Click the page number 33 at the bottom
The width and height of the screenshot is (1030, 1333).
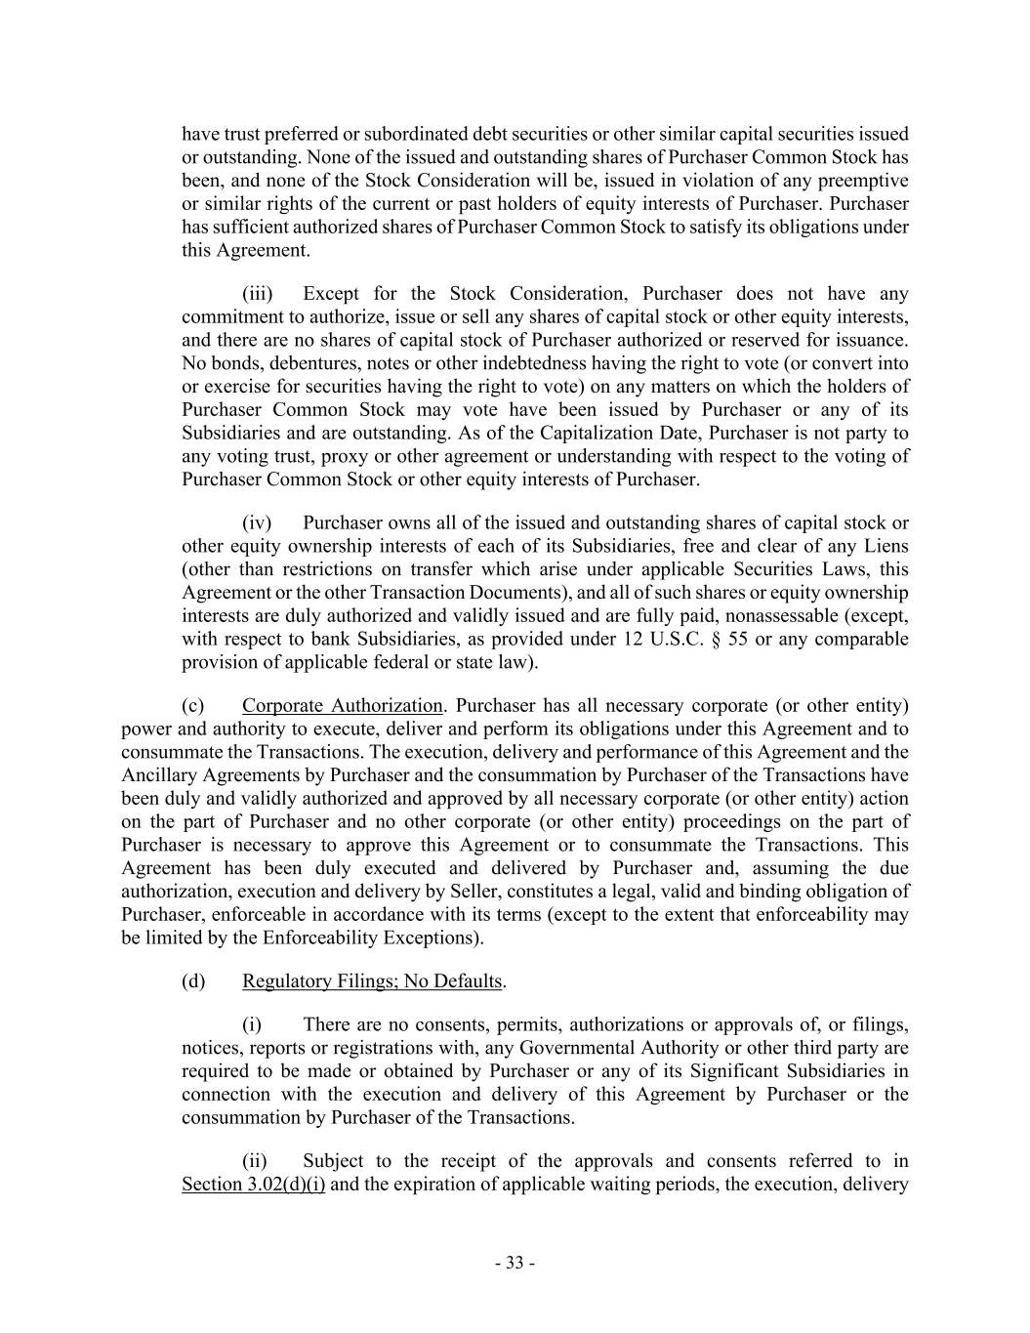click(x=515, y=1263)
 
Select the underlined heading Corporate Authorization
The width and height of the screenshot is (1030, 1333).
click(x=342, y=705)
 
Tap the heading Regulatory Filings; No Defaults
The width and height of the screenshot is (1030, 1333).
click(x=372, y=980)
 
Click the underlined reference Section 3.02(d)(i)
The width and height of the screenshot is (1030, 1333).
click(x=253, y=1185)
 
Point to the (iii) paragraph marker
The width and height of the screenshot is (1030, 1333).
click(x=258, y=294)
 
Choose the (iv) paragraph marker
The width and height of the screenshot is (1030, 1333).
click(x=257, y=522)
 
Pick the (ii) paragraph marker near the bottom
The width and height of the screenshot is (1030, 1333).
click(x=254, y=1161)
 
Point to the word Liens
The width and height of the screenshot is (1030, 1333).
click(x=885, y=545)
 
